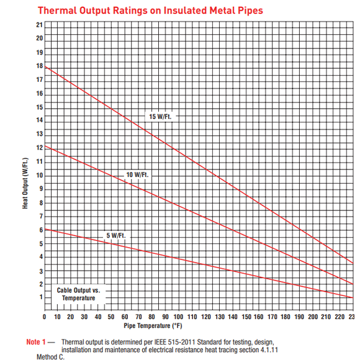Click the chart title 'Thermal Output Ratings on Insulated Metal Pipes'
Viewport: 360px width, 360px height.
(150, 11)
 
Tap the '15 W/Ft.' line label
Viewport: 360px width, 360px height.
(160, 117)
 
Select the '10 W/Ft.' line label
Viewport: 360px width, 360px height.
(137, 174)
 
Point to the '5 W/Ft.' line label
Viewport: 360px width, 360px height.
(116, 235)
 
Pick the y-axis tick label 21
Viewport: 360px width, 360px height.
(40, 25)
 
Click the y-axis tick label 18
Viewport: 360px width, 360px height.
(40, 66)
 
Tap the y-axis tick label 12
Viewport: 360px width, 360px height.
(40, 148)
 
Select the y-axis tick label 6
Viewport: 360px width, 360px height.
(41, 230)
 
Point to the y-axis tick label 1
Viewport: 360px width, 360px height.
(41, 297)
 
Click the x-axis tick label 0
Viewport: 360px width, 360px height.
(44, 317)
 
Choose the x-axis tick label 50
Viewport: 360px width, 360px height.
(111, 317)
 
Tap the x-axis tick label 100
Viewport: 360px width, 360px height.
(178, 317)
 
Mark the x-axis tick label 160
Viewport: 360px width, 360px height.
(259, 317)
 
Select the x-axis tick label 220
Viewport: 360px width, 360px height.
(340, 317)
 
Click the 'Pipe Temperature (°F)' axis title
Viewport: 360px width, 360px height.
(153, 326)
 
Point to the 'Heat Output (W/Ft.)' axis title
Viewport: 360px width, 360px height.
(25, 183)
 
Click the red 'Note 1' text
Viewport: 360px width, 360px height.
(36, 342)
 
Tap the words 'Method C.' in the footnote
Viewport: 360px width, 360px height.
(50, 357)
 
